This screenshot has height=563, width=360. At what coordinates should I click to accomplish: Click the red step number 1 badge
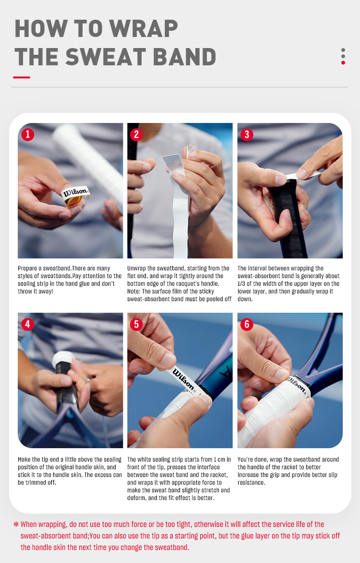(28, 135)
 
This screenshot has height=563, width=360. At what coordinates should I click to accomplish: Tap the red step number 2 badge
(136, 135)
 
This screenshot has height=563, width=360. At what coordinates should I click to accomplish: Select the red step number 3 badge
(247, 135)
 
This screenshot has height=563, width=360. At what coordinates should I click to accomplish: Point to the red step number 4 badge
(28, 324)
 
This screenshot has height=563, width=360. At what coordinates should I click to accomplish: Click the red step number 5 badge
(136, 324)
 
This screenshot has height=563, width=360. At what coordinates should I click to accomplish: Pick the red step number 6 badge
(247, 324)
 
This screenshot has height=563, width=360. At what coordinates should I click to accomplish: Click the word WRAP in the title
(143, 29)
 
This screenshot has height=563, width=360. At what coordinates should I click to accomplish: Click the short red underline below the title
(22, 77)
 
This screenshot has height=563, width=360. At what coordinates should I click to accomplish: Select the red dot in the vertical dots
(343, 62)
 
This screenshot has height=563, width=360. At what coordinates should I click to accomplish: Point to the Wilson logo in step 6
(297, 385)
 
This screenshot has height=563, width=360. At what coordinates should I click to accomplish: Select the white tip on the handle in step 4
(63, 359)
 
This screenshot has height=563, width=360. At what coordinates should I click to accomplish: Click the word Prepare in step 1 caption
(28, 269)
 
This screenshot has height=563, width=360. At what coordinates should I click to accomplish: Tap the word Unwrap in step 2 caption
(136, 269)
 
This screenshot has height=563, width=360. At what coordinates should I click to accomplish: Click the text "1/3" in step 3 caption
(241, 283)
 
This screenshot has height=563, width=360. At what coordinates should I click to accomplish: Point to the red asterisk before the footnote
(16, 525)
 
